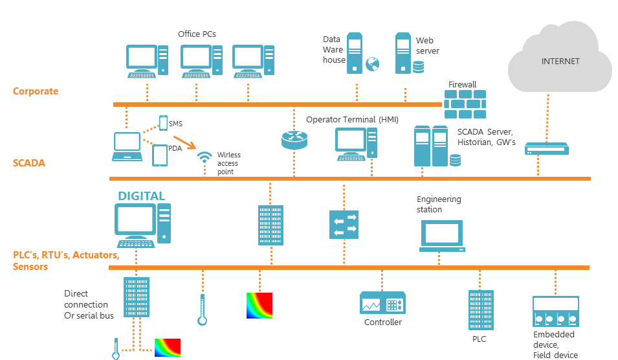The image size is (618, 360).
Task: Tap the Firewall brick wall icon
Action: (x=465, y=104)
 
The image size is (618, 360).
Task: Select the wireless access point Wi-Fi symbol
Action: (x=204, y=158)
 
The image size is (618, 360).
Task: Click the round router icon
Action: (x=294, y=139)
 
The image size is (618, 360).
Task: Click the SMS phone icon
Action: (x=162, y=123)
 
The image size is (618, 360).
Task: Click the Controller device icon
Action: (x=382, y=303)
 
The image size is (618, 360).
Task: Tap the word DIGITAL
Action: (x=141, y=196)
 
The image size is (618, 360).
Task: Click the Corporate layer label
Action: (x=36, y=91)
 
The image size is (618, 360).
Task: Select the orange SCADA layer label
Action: (x=29, y=163)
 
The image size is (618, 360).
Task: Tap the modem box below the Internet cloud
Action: (x=547, y=149)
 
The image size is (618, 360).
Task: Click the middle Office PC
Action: (x=201, y=61)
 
